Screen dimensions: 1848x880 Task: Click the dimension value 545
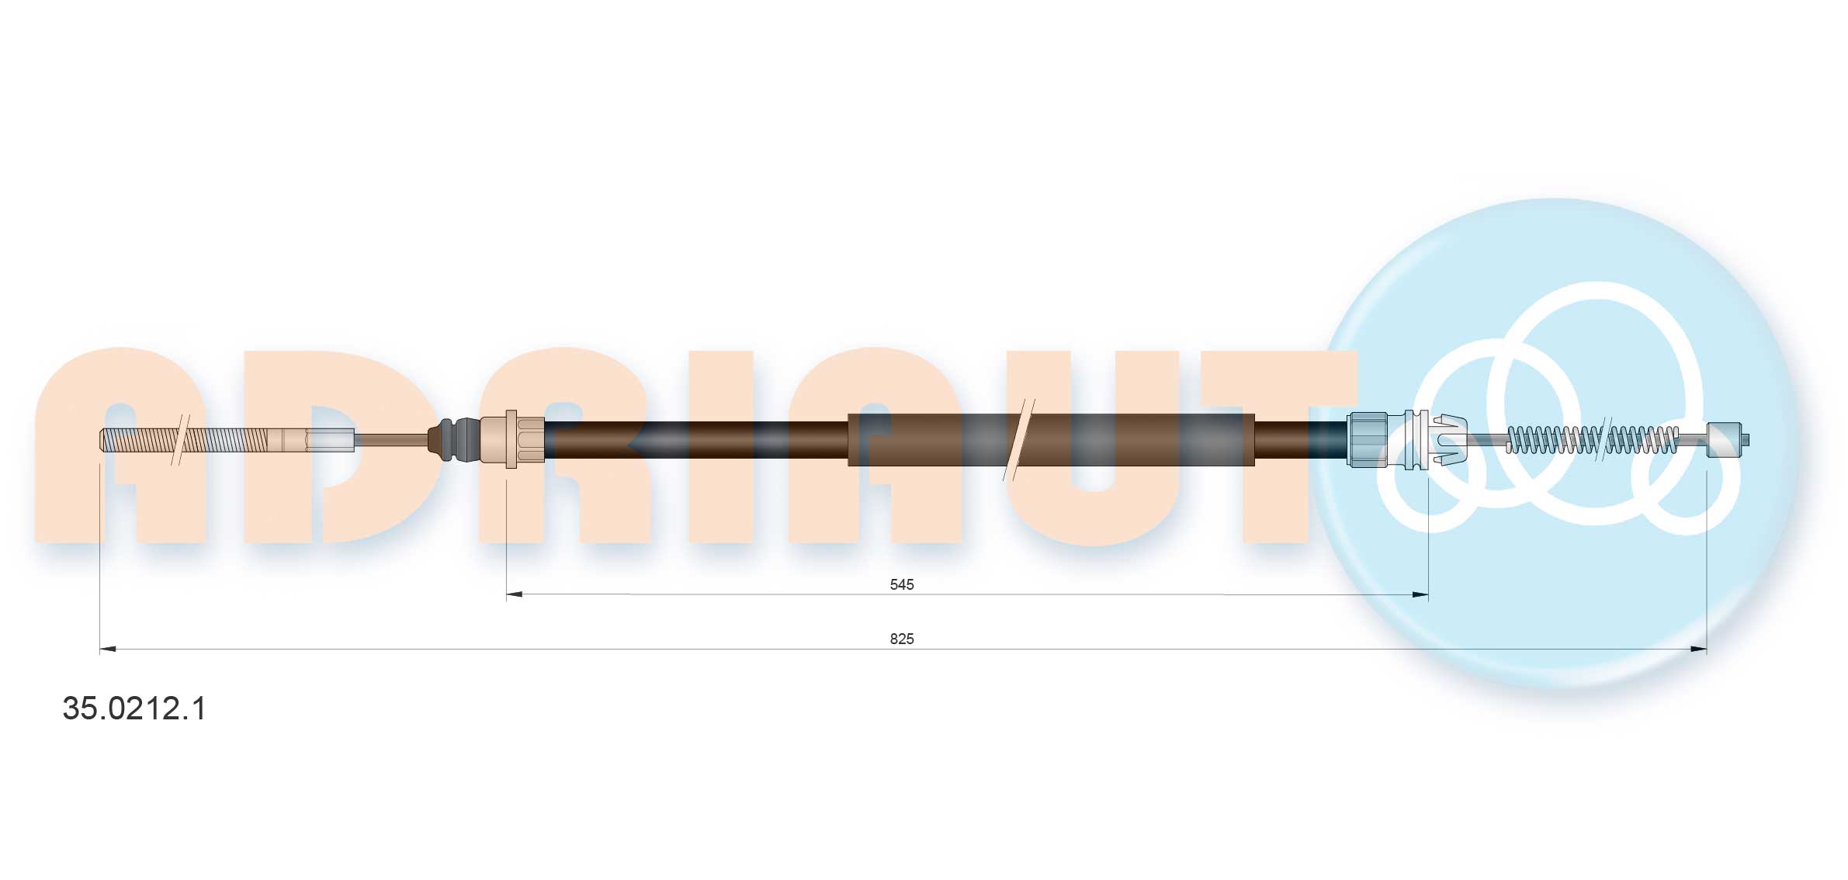point(901,584)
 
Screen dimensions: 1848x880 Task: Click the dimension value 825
point(901,639)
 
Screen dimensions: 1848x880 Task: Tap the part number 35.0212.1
point(134,709)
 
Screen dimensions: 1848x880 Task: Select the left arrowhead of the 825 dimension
point(108,649)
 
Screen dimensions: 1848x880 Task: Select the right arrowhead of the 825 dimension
point(1698,649)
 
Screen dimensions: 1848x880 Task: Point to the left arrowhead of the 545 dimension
point(515,594)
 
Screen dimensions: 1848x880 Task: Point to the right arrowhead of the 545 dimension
point(1420,594)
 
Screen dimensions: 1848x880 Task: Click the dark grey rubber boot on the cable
point(454,440)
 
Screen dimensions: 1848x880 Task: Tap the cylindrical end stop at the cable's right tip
point(1724,439)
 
